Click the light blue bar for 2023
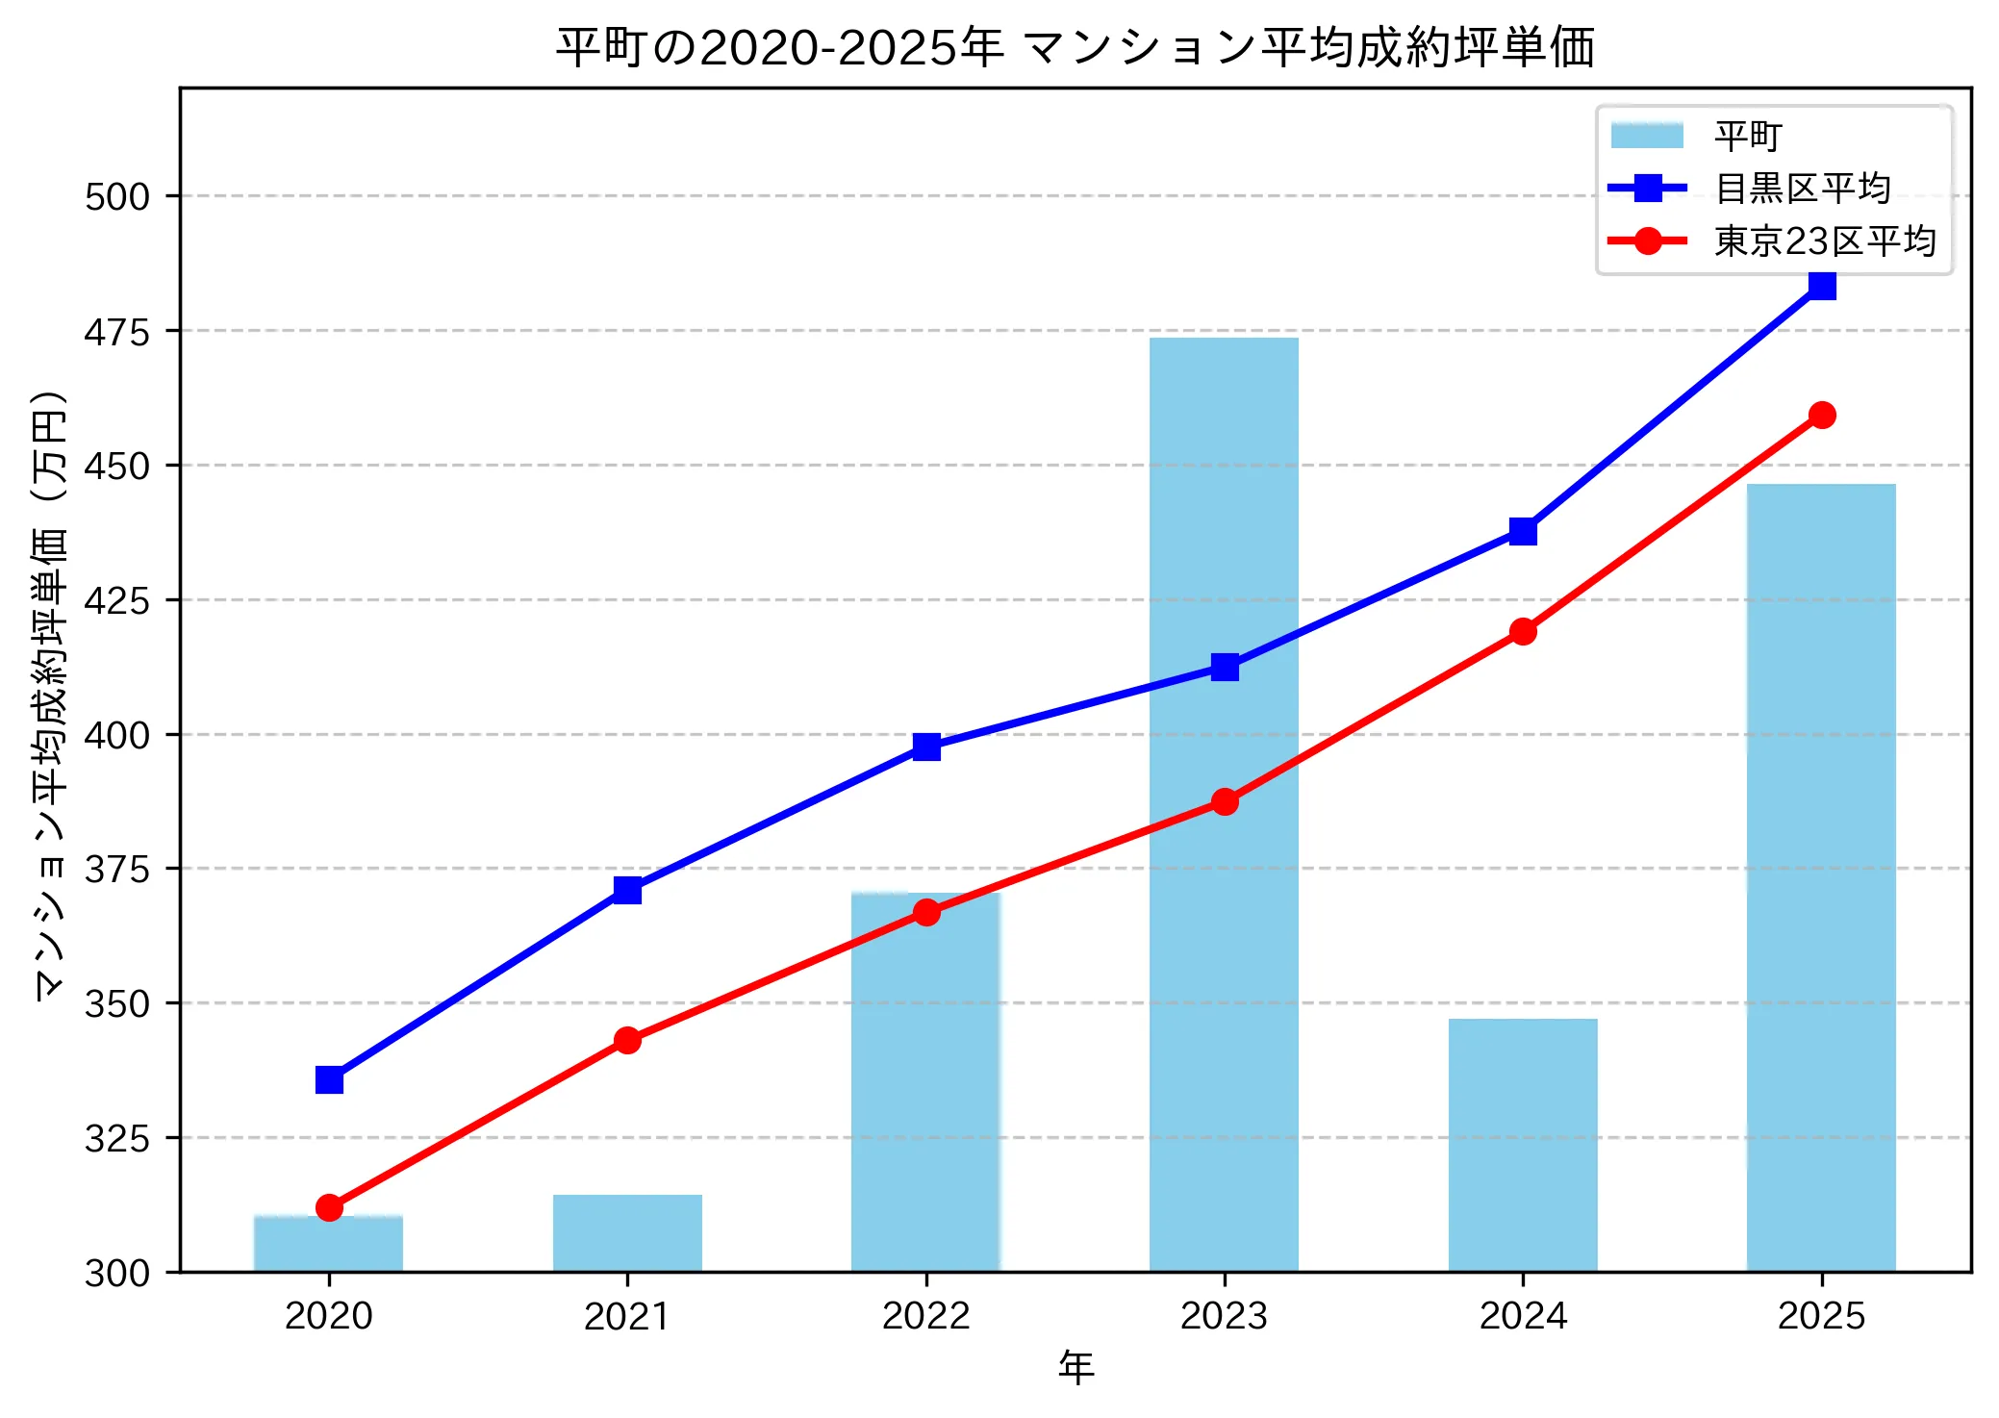click(1224, 962)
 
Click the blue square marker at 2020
click(329, 1080)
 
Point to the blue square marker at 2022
click(926, 747)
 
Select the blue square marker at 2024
click(1523, 531)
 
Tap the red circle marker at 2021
click(627, 1040)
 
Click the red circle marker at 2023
click(1225, 801)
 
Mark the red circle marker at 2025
click(1821, 415)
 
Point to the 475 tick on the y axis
click(117, 332)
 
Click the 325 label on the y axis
click(117, 1139)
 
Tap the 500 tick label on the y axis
click(117, 197)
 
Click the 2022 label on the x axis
click(925, 1316)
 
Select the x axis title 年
click(1075, 1367)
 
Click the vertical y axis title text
click(50, 695)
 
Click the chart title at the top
click(1075, 46)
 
